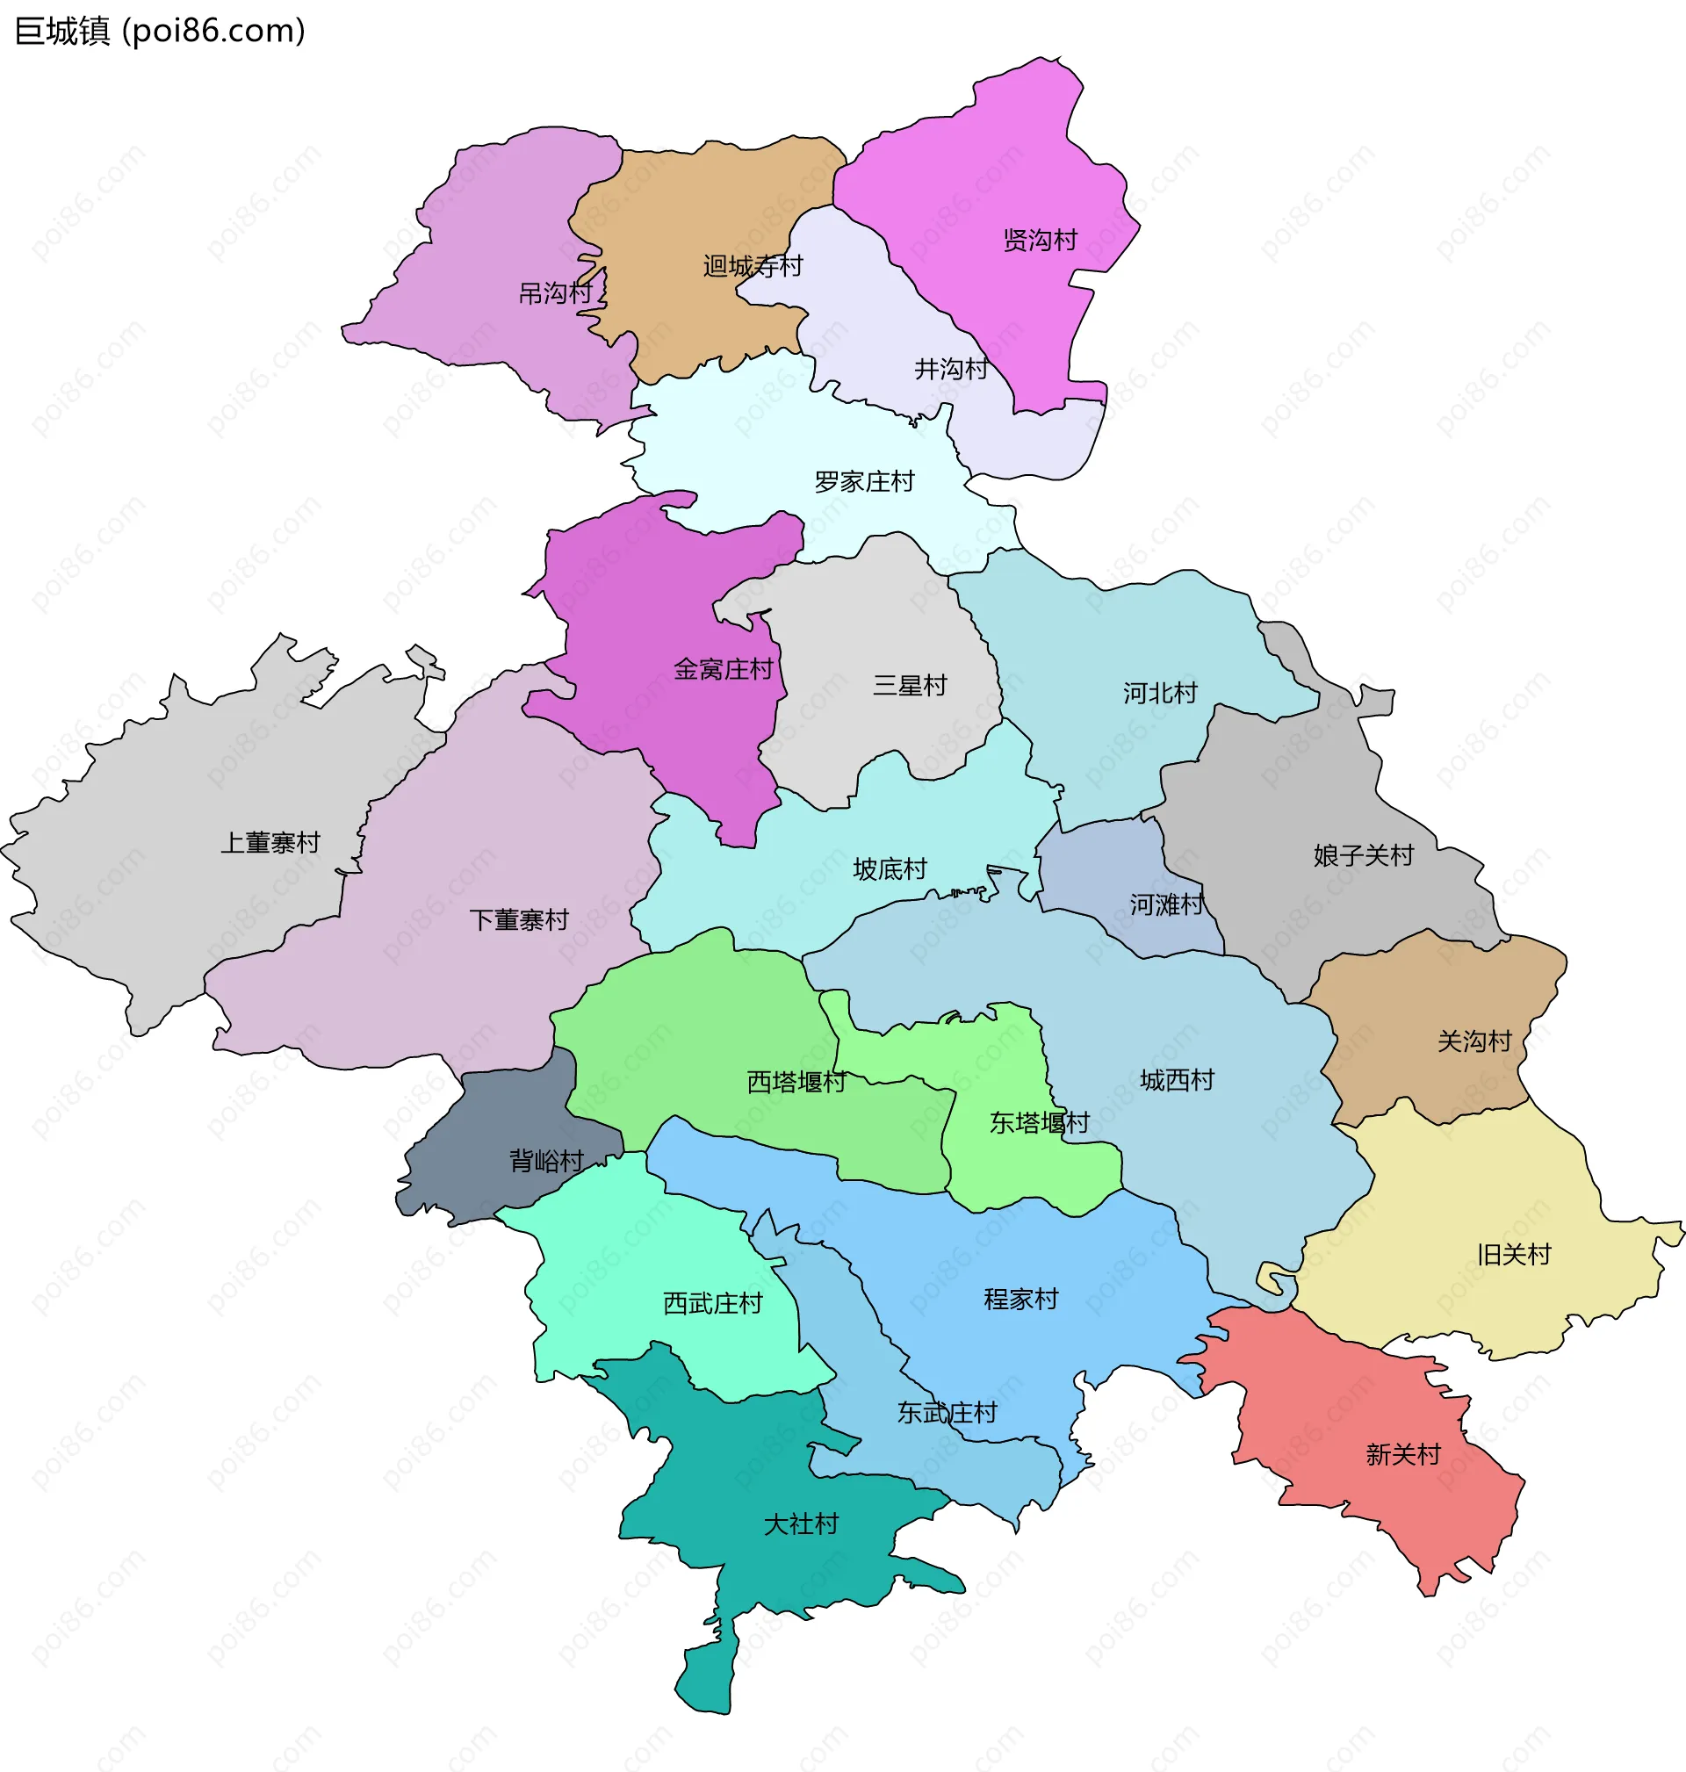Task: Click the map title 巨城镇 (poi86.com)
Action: point(160,31)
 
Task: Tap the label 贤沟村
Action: point(1040,240)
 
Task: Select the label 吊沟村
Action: point(555,293)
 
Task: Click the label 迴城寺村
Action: point(753,266)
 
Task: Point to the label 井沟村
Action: point(951,369)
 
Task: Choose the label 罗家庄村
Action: point(864,482)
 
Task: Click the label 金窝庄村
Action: point(723,668)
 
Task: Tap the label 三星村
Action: point(910,685)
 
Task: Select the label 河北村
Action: point(1159,692)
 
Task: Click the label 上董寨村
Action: point(270,842)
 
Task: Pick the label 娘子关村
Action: point(1364,854)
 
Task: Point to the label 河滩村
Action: point(1166,904)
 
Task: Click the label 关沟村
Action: point(1473,1041)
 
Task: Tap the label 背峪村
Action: point(546,1161)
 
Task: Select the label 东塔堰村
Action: point(1039,1121)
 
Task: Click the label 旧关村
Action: point(1513,1254)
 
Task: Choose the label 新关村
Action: point(1403,1453)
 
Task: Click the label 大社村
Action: point(801,1523)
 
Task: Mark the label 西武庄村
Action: point(713,1302)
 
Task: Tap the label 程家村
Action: point(1021,1299)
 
